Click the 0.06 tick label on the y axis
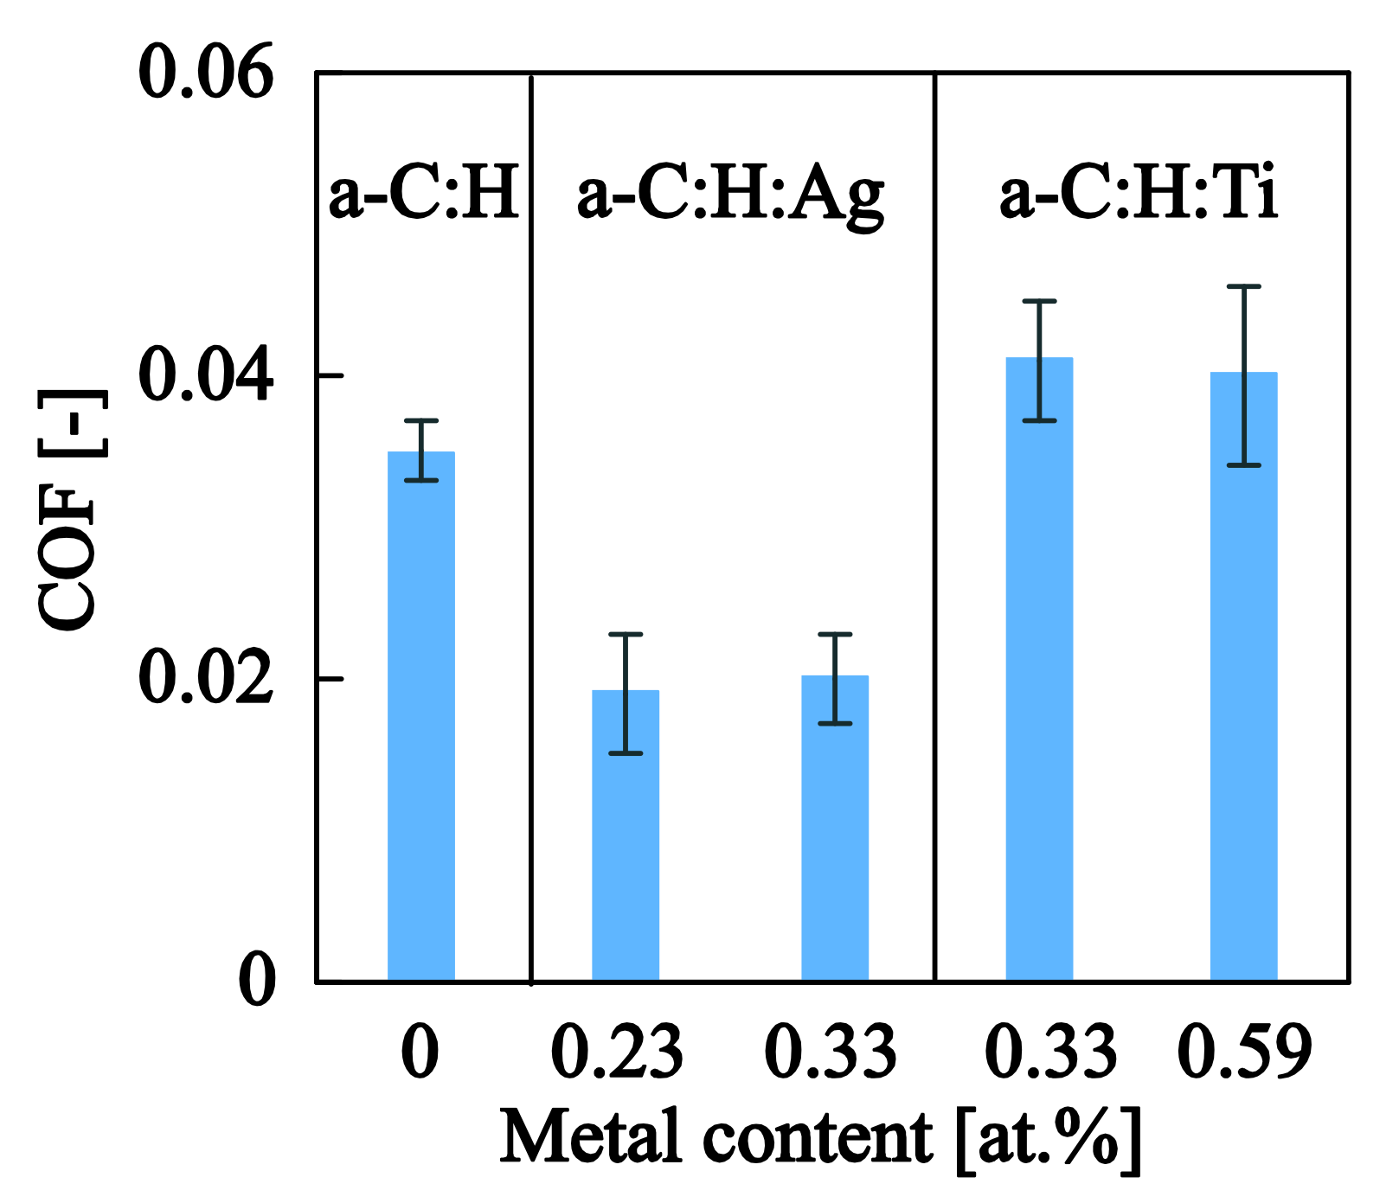click(x=205, y=73)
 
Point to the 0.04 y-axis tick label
click(x=205, y=375)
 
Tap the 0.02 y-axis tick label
click(x=205, y=679)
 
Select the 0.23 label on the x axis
click(x=617, y=1053)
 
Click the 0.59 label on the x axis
click(x=1245, y=1053)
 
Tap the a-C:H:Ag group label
click(x=731, y=195)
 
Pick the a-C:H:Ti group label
click(x=1139, y=195)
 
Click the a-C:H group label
click(x=424, y=195)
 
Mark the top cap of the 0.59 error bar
click(x=1244, y=286)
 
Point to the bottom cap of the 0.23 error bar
click(x=625, y=753)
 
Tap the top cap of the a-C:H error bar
click(x=421, y=421)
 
